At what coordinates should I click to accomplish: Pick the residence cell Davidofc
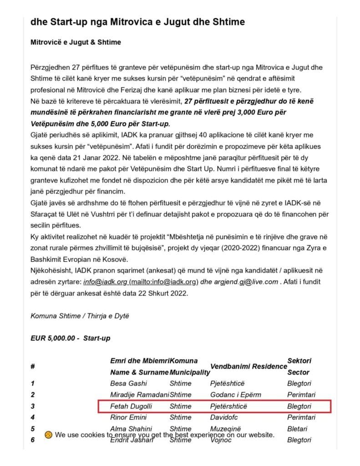click(x=226, y=417)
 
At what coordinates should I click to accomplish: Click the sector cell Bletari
click(x=297, y=429)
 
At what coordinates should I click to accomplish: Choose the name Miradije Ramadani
click(x=139, y=395)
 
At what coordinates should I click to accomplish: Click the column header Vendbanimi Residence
click(x=247, y=366)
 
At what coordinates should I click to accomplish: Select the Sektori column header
click(x=299, y=360)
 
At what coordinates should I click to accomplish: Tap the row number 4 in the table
click(x=33, y=417)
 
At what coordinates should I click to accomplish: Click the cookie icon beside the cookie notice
click(x=48, y=435)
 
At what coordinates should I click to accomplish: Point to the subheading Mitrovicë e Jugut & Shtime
click(x=76, y=42)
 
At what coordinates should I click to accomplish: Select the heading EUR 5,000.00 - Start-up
click(x=70, y=338)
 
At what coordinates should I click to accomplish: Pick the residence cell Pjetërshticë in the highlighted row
click(x=229, y=406)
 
